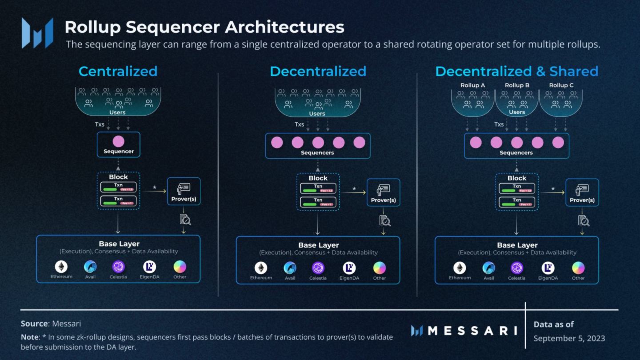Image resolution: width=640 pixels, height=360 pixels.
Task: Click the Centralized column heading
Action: (118, 71)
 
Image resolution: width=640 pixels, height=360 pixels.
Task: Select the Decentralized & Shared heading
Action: (516, 71)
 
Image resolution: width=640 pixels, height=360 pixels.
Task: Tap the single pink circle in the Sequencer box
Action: (119, 141)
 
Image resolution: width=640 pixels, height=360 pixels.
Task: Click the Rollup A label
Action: (472, 85)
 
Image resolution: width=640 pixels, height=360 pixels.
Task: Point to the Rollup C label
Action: (561, 85)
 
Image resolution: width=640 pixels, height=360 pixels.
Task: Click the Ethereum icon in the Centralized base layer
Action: (61, 267)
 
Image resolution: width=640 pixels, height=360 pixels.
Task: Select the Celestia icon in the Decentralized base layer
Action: (318, 268)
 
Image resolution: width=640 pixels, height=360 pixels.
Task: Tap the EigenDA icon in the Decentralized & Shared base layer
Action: (548, 268)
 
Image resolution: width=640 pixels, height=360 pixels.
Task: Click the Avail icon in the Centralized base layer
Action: (90, 267)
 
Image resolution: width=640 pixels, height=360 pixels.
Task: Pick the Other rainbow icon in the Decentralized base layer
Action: (379, 268)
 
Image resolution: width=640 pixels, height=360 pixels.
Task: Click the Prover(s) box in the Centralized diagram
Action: (184, 192)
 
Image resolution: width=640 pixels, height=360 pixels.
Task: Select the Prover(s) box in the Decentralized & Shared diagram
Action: (582, 193)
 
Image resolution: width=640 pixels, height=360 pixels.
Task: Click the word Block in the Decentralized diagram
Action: (318, 178)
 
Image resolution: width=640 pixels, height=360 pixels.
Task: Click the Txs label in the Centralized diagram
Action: (100, 124)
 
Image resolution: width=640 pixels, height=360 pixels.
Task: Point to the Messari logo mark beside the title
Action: (37, 33)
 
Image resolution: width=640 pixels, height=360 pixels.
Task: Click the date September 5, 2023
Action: (569, 338)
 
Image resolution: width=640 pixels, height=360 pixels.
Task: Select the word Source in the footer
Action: (34, 324)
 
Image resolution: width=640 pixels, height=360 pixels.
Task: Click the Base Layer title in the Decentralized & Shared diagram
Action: (517, 245)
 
